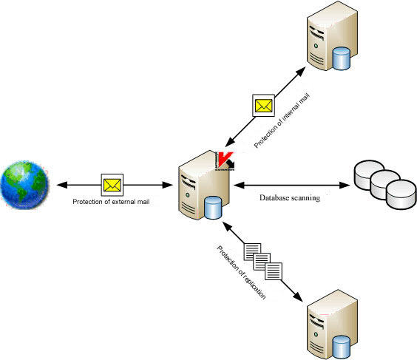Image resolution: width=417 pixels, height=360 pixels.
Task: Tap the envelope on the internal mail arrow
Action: tap(264, 106)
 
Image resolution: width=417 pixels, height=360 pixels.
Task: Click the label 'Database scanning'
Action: tap(289, 198)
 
